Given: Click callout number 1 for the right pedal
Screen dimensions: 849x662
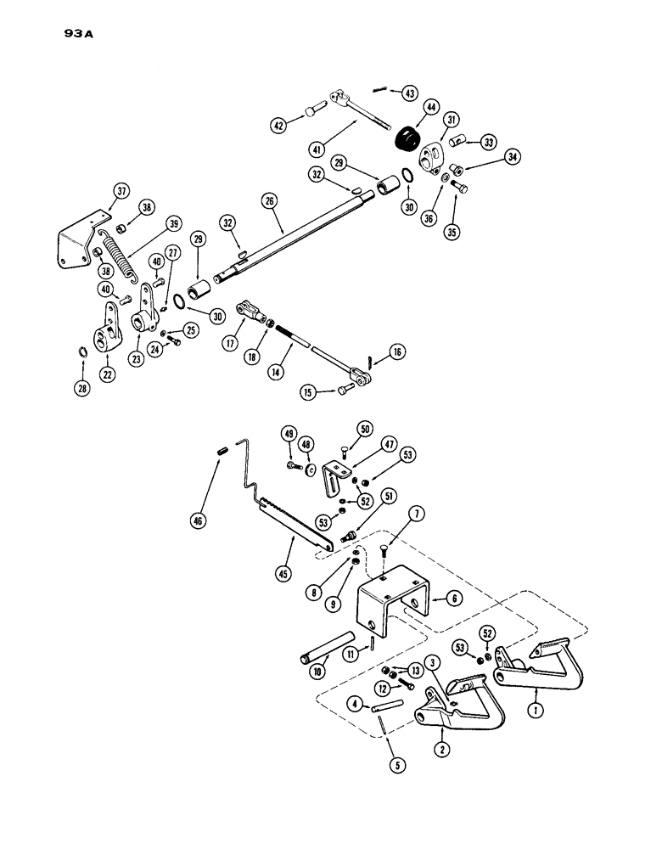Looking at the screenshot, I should point(536,706).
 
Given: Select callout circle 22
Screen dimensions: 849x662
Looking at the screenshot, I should point(108,374).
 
